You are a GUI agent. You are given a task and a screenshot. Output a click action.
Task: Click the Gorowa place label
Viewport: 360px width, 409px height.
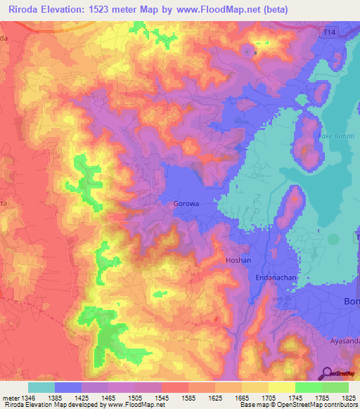click(186, 204)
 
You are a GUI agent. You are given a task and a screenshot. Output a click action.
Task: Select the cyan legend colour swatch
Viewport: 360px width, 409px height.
click(41, 387)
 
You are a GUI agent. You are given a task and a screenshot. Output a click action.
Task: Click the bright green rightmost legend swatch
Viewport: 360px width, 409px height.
click(335, 387)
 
